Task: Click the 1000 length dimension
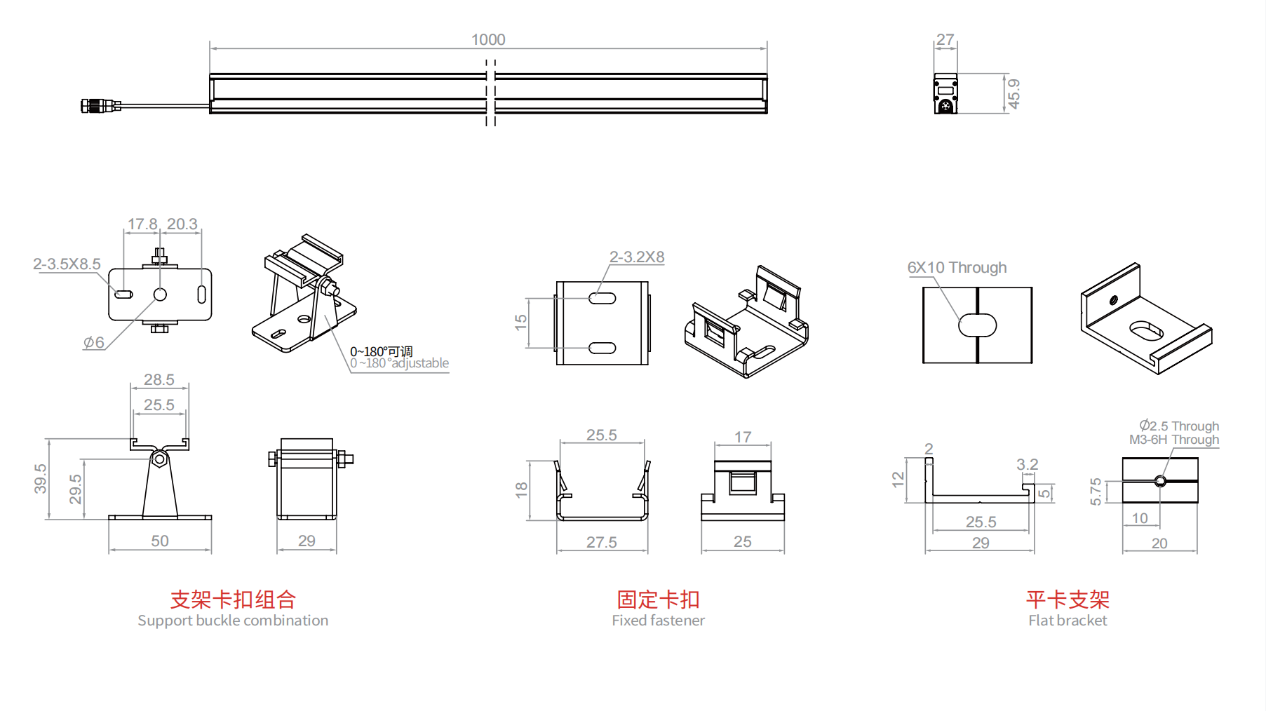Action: point(487,40)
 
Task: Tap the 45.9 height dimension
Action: point(1014,94)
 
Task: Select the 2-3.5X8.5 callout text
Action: point(67,264)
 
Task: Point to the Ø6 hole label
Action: point(94,343)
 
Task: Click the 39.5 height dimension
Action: point(41,479)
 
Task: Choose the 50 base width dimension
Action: point(160,541)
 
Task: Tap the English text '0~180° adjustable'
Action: point(400,363)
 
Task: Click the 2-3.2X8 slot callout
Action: point(637,257)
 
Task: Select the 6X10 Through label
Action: point(957,268)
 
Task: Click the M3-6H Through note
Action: point(1173,440)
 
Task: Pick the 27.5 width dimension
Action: point(602,542)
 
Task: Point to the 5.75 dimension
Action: point(1096,492)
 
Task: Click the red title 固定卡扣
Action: point(658,600)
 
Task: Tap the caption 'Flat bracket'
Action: point(1068,621)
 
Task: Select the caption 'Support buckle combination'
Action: point(233,621)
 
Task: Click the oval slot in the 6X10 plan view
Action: point(977,325)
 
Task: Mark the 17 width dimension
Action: point(743,438)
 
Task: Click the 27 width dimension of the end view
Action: point(945,40)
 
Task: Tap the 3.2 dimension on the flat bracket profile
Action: point(1027,465)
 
